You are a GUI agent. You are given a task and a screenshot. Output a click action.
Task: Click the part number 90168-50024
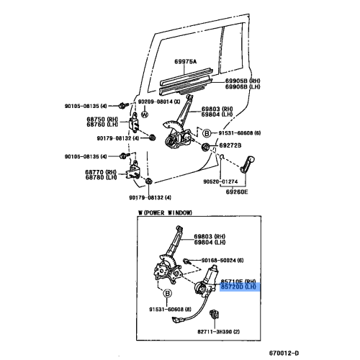tap(223, 259)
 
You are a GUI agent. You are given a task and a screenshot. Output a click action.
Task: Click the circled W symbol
tap(145, 114)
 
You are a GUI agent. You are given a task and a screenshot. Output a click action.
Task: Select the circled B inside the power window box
tap(167, 293)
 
